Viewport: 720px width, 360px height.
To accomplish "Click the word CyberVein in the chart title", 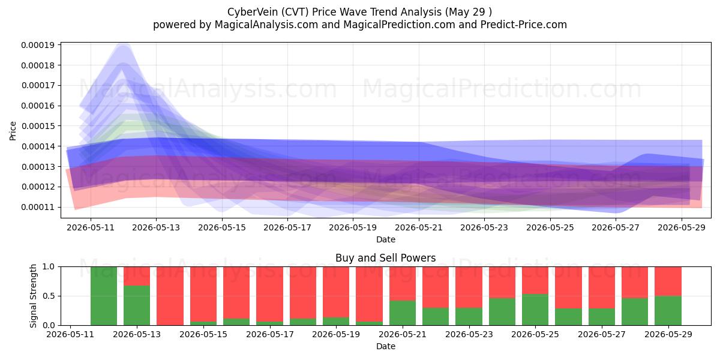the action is point(253,12).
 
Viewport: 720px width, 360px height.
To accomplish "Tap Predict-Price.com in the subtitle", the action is point(524,25).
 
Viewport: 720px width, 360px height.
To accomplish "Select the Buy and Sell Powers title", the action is point(385,258).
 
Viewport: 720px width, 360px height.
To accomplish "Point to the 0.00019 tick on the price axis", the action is point(38,45).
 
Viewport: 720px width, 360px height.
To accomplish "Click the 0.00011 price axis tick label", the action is point(38,208).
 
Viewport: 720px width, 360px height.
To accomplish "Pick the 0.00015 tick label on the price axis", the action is point(38,126).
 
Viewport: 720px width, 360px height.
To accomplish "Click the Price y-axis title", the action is point(13,131).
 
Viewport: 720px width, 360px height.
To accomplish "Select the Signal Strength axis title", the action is point(33,296).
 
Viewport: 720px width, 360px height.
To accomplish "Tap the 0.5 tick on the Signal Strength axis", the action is point(49,296).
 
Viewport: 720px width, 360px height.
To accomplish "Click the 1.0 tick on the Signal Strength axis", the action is point(49,267).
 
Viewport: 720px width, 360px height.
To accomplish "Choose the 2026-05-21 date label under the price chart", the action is point(419,227).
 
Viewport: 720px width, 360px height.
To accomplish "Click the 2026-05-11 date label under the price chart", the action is point(91,227).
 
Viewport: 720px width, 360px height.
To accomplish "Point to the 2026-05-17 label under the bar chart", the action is point(269,334).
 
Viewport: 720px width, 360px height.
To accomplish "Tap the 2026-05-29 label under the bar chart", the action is point(668,334).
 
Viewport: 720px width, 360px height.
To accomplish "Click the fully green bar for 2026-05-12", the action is point(104,296).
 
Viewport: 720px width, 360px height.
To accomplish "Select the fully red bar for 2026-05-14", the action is point(170,296).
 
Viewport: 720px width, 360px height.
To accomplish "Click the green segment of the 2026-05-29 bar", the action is point(668,311).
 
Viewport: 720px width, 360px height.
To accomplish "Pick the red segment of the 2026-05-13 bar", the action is point(137,276).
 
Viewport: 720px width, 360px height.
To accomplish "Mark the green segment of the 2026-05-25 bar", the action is point(535,310).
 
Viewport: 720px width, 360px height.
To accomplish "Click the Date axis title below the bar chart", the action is point(385,346).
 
